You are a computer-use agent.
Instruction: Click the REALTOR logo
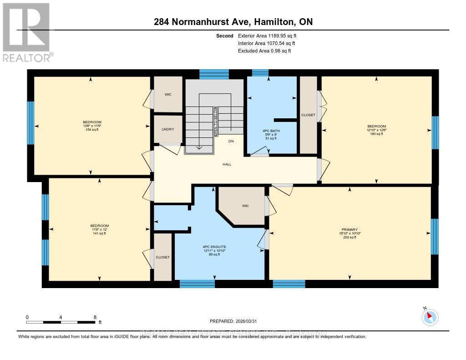click(26, 32)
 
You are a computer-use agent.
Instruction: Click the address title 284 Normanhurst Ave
click(233, 22)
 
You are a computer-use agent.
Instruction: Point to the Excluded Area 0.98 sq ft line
click(264, 51)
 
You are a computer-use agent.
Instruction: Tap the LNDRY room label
click(168, 129)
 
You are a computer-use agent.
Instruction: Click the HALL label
click(227, 164)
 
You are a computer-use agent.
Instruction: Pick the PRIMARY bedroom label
click(349, 229)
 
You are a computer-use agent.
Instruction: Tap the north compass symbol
click(430, 317)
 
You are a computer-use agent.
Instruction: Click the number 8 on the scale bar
click(95, 317)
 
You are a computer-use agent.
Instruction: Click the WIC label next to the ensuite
click(245, 206)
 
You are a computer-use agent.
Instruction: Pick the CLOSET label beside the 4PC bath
click(308, 115)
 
